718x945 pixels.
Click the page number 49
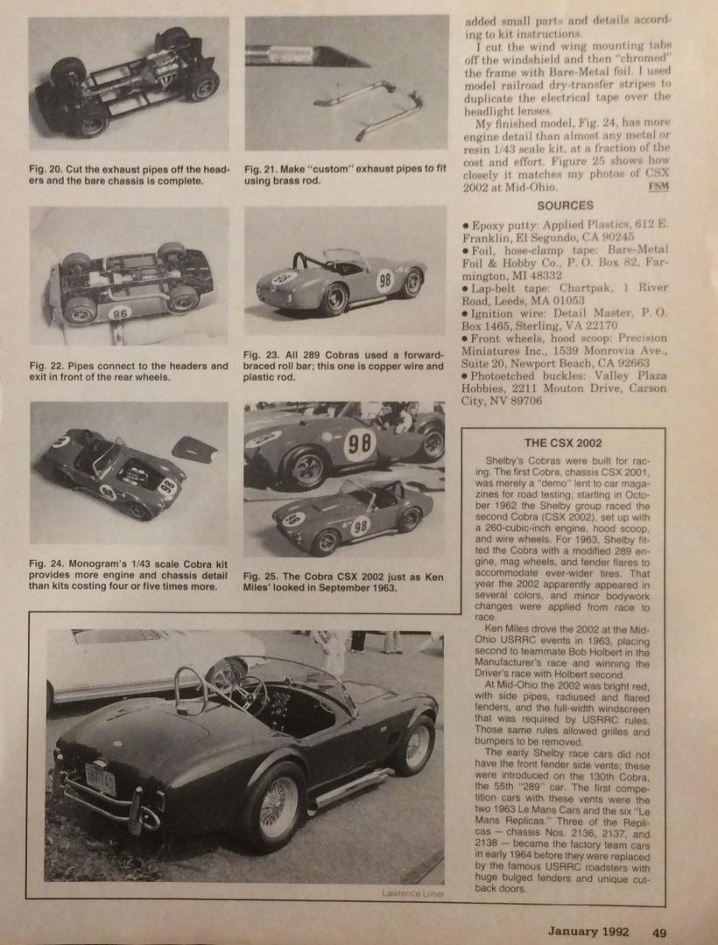pos(658,931)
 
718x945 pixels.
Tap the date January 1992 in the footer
pos(588,931)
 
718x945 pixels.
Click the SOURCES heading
pos(565,206)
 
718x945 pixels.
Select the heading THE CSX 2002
pos(563,443)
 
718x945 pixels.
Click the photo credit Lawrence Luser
pos(413,892)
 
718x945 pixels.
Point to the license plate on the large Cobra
pos(101,777)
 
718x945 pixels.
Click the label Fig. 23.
pos(262,353)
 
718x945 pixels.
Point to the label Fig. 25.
pos(262,576)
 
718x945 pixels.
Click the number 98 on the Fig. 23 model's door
pos(384,281)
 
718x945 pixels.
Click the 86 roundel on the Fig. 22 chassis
pos(121,311)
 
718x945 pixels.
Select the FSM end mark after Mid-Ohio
pos(657,186)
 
